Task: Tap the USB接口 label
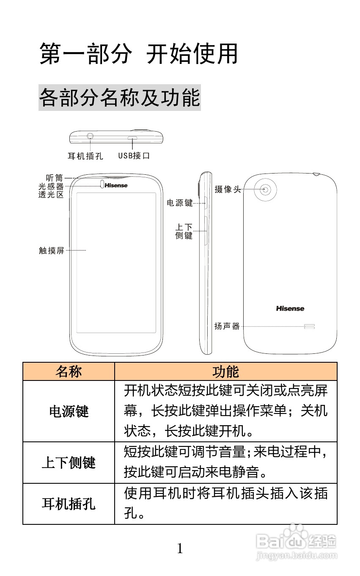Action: (x=134, y=156)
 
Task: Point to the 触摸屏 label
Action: (x=52, y=251)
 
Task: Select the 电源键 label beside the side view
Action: (x=180, y=203)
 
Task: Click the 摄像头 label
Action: (x=227, y=190)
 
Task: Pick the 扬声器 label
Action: (x=227, y=326)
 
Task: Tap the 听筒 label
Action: (x=55, y=178)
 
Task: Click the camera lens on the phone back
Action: (x=265, y=190)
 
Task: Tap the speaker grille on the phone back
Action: (x=309, y=326)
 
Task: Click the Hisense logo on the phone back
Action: (x=290, y=309)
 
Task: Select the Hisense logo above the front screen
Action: (x=116, y=185)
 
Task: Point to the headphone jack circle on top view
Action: (x=91, y=136)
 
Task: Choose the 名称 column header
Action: (x=69, y=372)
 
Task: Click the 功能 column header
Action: (x=225, y=372)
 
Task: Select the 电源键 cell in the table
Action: (x=69, y=411)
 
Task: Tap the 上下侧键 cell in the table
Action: (x=69, y=463)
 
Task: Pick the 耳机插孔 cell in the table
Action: (x=69, y=504)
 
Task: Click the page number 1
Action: (x=180, y=549)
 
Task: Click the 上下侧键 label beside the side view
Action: (x=184, y=232)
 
